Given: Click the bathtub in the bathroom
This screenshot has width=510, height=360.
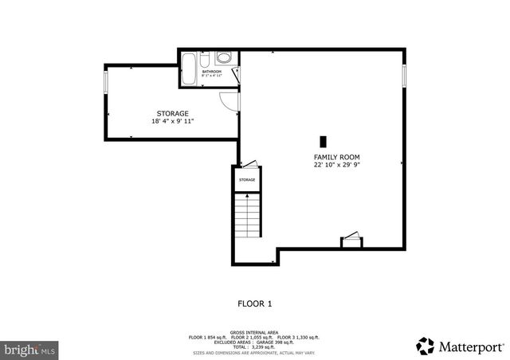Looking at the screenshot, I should coord(190,69).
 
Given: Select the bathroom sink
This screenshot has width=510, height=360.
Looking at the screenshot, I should coord(224,58).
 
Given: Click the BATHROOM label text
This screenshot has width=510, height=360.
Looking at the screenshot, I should coord(211,72).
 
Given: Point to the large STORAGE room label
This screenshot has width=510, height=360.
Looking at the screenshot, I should coord(172,114).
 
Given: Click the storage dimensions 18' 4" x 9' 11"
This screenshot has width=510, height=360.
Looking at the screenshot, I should coord(172,122).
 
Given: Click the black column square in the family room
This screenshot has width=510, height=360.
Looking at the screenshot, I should coord(324,138).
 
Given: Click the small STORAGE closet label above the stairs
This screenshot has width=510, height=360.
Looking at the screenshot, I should coord(247,180).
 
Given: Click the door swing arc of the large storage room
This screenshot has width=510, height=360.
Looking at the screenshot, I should coord(230,102).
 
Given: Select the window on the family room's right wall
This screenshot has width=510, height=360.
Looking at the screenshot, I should coord(404,76).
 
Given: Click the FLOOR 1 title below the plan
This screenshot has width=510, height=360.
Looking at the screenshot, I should coord(255,303).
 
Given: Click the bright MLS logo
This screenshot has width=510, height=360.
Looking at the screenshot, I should coord(30,349).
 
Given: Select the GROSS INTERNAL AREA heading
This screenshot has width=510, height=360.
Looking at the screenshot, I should coord(254,331).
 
